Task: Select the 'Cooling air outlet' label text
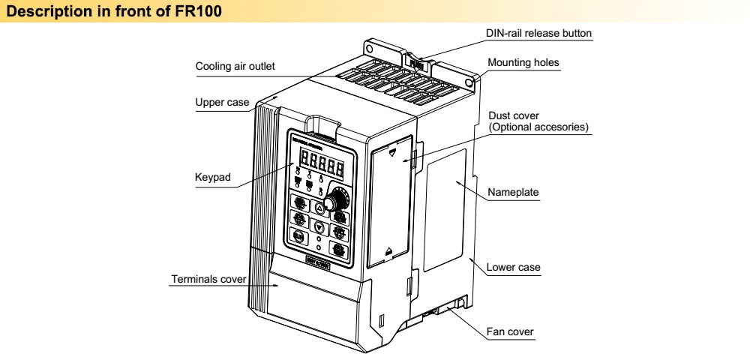(235, 66)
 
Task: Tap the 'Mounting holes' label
(523, 63)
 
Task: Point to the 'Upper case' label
(222, 102)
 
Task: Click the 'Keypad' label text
(212, 178)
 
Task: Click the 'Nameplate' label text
(513, 192)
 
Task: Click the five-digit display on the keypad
(320, 162)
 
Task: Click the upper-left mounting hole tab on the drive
(369, 46)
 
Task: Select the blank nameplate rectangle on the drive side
(446, 210)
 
